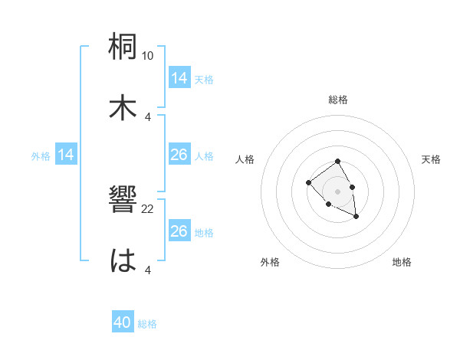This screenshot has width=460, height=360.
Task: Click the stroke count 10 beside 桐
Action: pyautogui.click(x=148, y=56)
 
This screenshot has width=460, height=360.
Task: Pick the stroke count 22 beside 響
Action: pyautogui.click(x=148, y=208)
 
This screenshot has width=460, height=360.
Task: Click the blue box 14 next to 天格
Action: pyautogui.click(x=179, y=78)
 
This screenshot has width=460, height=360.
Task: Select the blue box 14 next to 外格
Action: pyautogui.click(x=67, y=155)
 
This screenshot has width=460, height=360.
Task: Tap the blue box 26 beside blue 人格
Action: pyautogui.click(x=179, y=155)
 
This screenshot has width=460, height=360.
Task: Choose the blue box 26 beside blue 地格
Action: pyautogui.click(x=179, y=231)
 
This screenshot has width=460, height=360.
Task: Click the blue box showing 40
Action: pyautogui.click(x=123, y=323)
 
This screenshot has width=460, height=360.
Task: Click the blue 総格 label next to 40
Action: pyautogui.click(x=147, y=324)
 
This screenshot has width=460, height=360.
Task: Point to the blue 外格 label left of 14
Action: pyautogui.click(x=41, y=156)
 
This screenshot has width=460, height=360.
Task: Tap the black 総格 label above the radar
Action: pyautogui.click(x=338, y=100)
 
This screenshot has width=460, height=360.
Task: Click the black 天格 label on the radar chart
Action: pyautogui.click(x=431, y=159)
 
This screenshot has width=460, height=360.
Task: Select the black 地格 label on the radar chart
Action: pyautogui.click(x=402, y=262)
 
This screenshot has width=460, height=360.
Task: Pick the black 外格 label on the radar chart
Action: pyautogui.click(x=270, y=262)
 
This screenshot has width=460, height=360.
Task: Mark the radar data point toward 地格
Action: pyautogui.click(x=356, y=217)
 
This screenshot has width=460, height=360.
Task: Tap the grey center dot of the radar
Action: pyautogui.click(x=337, y=191)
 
